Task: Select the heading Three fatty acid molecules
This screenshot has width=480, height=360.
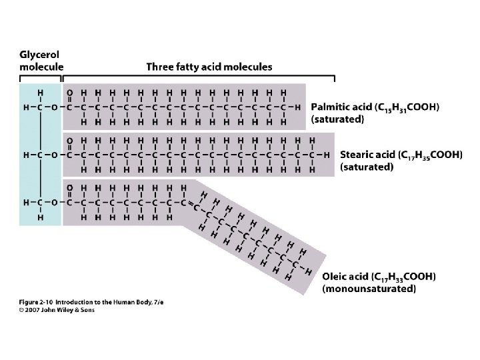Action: click(x=209, y=67)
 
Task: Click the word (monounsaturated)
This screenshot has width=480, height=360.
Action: click(x=369, y=289)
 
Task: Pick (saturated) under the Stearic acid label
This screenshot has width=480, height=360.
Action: click(x=367, y=167)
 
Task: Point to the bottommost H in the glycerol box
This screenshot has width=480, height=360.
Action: click(x=41, y=217)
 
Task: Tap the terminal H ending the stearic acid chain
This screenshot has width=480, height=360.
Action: click(x=327, y=155)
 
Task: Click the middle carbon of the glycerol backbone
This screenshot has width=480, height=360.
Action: click(x=41, y=155)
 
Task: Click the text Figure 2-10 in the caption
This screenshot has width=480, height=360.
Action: click(x=34, y=303)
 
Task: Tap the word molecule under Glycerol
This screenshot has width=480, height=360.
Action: click(x=41, y=67)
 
